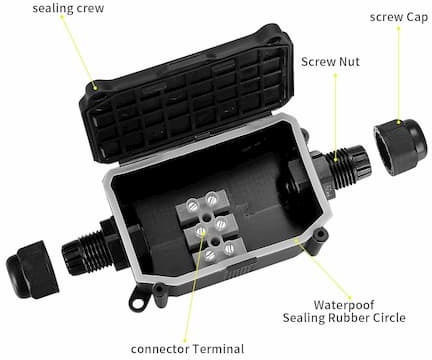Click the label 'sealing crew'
coord(68,8)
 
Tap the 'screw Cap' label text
coord(399,17)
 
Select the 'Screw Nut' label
coord(330,62)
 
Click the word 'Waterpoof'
coord(344,305)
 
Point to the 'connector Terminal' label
coord(187,349)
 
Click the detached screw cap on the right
coord(400,146)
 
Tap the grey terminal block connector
coord(211,227)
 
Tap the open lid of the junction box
coord(187,95)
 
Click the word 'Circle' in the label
coord(389,317)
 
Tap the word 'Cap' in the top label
coord(417,17)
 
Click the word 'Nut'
coord(349,62)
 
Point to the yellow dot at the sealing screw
coord(96,88)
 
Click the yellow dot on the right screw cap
coord(398,123)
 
